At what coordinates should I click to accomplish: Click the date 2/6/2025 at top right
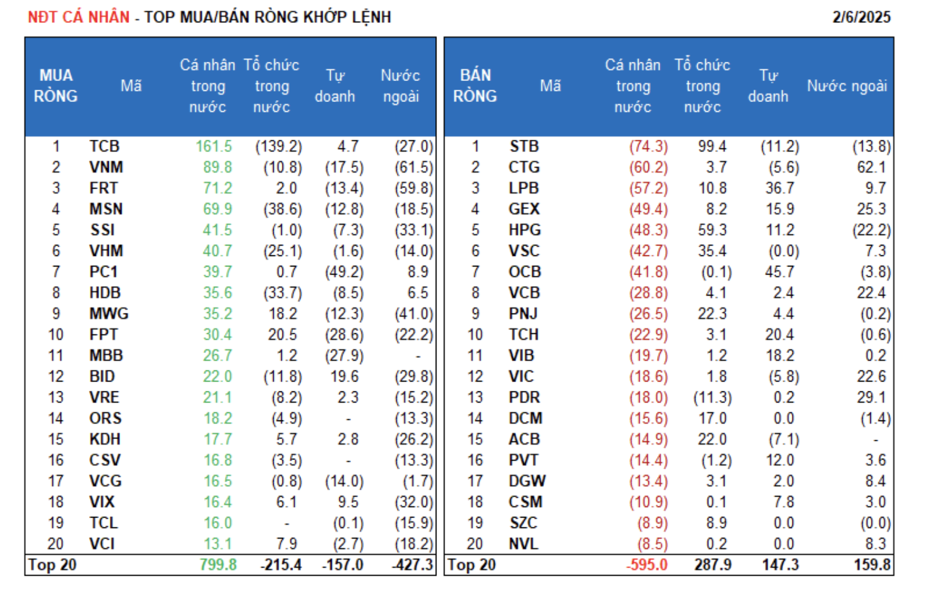coord(861,17)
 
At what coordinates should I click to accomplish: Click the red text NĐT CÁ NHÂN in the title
coord(78,17)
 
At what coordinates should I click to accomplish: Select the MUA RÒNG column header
coord(56,86)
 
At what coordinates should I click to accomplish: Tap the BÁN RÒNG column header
coord(475,86)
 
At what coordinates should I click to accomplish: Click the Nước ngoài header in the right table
coord(846,86)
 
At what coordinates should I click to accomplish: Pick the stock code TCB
coord(104,147)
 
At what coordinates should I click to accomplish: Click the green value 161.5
coord(214,147)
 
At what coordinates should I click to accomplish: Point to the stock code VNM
coord(106,168)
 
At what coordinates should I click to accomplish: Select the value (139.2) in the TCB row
coord(279,147)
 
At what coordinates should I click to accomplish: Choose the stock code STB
coord(524,147)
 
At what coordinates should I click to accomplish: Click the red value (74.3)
coord(648,147)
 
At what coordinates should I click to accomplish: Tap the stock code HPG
coord(524,230)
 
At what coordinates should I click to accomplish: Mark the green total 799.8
coord(218,565)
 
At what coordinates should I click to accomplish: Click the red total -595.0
coord(647,565)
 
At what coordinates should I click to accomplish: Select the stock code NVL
coord(523,544)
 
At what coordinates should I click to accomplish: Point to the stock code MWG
coord(109,314)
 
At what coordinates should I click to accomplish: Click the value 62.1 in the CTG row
coord(872,168)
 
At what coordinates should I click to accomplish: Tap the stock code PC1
coord(103,272)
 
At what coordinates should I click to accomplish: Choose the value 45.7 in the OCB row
coord(779,272)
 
